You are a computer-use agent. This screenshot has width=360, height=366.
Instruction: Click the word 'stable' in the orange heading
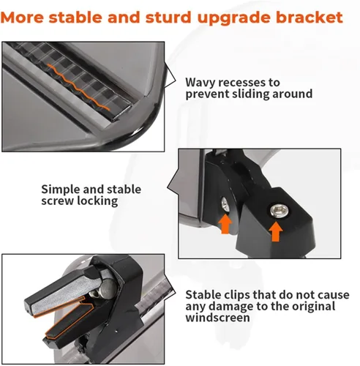pos(75,18)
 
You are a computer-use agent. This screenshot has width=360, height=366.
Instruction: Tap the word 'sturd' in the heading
pos(168,18)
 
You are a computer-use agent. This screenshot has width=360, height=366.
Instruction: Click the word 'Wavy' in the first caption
pos(200,83)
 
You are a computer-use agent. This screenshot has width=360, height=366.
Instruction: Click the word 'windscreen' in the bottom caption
pos(217,318)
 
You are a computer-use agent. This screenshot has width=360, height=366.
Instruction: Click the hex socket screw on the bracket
pos(280,211)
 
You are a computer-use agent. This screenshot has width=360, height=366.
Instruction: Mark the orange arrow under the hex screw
pos(276,231)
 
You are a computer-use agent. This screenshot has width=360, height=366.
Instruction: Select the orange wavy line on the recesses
pos(78,86)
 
